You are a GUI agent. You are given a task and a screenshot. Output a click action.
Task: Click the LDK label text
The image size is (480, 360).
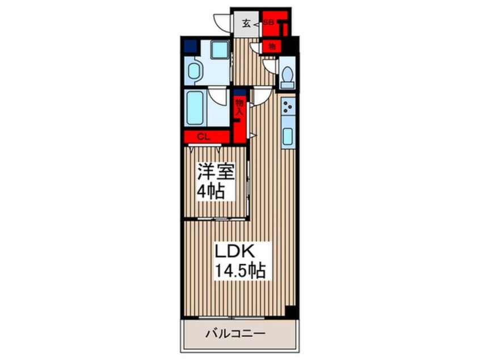click(x=235, y=252)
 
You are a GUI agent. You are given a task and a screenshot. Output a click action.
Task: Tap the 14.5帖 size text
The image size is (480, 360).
click(x=241, y=270)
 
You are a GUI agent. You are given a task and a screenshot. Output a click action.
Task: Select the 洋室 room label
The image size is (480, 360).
click(x=216, y=172)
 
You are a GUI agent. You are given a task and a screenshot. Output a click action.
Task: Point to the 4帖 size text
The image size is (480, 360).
click(x=211, y=192)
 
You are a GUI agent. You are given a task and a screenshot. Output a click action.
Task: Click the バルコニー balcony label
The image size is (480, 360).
click(x=235, y=334)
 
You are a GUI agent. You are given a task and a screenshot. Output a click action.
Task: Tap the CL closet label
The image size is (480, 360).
click(x=204, y=137)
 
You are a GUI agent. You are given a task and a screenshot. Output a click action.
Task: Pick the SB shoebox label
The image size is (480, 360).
click(x=268, y=22)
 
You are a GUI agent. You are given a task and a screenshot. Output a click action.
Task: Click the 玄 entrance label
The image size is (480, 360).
click(x=246, y=23)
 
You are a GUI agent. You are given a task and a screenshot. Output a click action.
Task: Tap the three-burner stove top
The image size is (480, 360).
click(x=288, y=107)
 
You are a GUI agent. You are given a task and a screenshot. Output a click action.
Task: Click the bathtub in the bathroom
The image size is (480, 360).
click(x=195, y=108)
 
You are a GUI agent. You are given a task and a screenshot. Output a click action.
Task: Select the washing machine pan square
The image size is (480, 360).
click(x=219, y=49)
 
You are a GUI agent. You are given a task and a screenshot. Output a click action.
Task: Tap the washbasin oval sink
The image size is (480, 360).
click(x=194, y=71)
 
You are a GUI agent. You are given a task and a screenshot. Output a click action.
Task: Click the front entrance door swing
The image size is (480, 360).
click(x=222, y=22)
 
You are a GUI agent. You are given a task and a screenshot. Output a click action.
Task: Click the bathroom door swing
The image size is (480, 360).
click(x=217, y=95)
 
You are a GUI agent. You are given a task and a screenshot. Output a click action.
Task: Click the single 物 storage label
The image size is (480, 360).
click(x=272, y=47)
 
